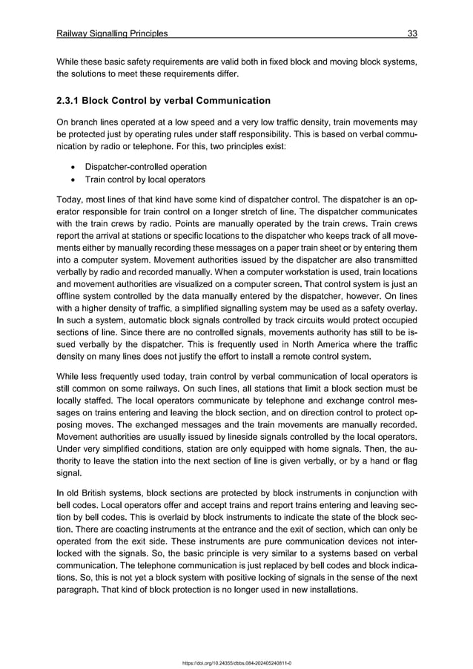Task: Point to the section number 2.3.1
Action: click(69, 100)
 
